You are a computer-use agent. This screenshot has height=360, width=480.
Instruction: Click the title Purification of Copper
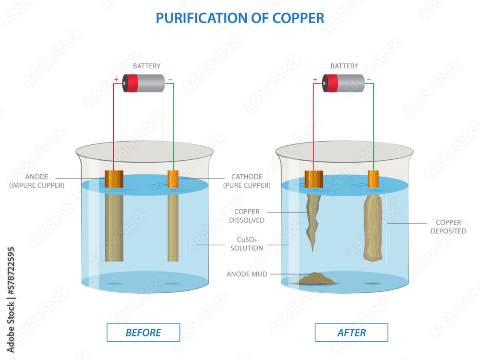pos(240,18)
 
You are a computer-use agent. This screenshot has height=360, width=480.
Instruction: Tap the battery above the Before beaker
pos(144,83)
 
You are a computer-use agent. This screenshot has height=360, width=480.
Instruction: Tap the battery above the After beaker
pos(343,83)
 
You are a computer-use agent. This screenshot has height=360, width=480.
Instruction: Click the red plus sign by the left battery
pos(116,80)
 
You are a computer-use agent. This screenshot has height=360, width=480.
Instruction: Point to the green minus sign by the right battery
pos(370,80)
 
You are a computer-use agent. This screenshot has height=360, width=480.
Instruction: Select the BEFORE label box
pos(143,332)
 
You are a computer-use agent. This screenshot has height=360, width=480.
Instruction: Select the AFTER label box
pos(351,332)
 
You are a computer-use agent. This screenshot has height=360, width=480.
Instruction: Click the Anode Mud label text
pos(247,274)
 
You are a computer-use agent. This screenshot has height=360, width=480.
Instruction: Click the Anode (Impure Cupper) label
pos(37,181)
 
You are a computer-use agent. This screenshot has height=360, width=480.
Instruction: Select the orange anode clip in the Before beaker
pos(114,179)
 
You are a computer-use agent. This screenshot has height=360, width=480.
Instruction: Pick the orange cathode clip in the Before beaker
pos(173,179)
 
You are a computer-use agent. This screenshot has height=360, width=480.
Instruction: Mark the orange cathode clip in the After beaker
pos(373,179)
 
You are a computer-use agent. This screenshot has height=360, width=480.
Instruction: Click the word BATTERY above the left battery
pos(146,66)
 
